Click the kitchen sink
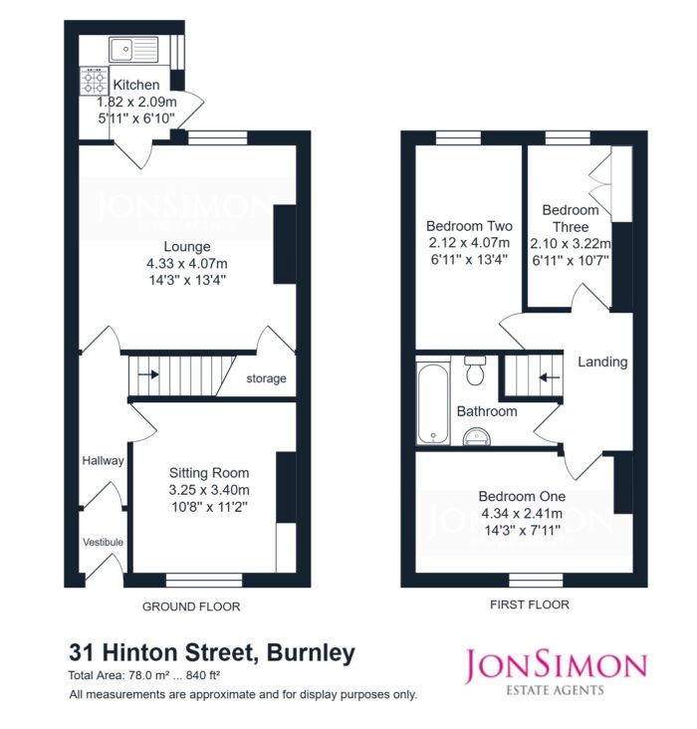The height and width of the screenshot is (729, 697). click(x=133, y=49)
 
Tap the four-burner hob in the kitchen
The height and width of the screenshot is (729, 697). click(x=94, y=81)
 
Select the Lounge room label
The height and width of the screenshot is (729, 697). click(x=187, y=246)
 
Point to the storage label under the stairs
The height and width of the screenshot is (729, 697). click(x=266, y=378)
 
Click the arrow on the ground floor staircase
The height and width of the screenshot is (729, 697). click(x=148, y=373)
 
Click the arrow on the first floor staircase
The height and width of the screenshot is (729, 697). click(x=550, y=377)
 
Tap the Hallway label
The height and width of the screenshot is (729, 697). click(x=103, y=460)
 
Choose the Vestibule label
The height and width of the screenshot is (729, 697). click(x=104, y=542)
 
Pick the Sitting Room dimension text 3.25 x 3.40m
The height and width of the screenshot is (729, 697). click(x=209, y=490)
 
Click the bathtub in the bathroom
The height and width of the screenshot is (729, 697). click(x=433, y=402)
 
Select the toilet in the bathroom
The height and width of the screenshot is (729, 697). click(x=475, y=370)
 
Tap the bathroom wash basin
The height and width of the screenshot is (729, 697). click(x=477, y=436)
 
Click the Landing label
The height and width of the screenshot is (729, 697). click(x=602, y=362)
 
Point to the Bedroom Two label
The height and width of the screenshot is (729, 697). click(x=469, y=226)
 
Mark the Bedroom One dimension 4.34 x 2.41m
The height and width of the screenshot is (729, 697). click(x=522, y=513)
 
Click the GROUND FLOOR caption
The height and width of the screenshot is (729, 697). click(x=191, y=607)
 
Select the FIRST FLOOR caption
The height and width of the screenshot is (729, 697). click(x=530, y=605)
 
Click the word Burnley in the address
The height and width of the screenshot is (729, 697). click(x=311, y=652)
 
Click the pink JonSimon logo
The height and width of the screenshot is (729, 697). click(x=557, y=673)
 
